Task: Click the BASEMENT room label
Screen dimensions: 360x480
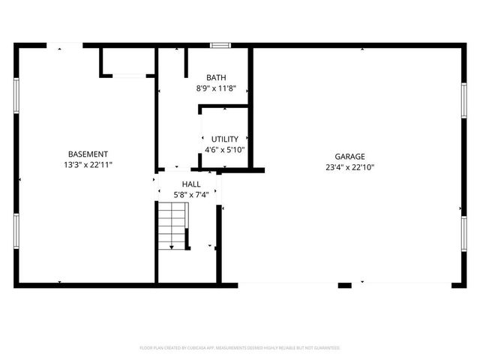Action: click(88, 154)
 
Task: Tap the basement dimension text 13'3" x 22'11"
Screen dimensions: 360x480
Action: click(88, 164)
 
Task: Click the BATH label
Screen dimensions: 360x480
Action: click(216, 77)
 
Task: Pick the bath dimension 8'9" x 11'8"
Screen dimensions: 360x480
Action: click(216, 88)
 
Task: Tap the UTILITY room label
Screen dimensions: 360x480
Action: click(224, 139)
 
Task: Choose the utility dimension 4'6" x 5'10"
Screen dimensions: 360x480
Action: click(224, 148)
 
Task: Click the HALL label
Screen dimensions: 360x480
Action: click(190, 184)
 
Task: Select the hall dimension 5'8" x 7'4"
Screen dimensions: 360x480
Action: click(190, 194)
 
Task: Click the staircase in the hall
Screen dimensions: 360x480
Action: click(171, 225)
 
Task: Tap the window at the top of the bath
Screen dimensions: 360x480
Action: click(220, 46)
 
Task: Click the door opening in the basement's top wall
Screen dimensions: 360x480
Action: click(65, 46)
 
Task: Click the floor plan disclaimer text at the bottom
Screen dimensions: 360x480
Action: click(240, 348)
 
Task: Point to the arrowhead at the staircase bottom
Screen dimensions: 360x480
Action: click(172, 247)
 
